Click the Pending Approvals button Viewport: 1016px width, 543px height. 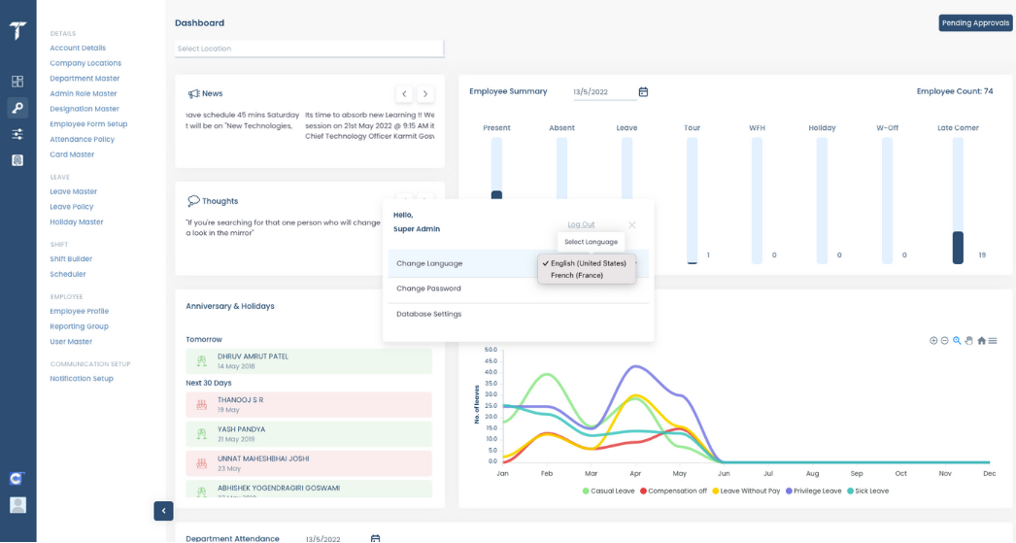click(x=975, y=22)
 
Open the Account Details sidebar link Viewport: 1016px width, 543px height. click(x=78, y=48)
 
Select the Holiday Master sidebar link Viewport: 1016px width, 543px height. click(x=77, y=222)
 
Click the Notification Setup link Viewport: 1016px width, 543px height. click(x=82, y=379)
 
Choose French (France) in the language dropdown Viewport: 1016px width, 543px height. click(x=577, y=276)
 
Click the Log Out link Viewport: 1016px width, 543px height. click(x=581, y=224)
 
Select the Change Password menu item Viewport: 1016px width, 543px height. click(x=428, y=288)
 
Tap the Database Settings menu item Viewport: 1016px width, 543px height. click(x=428, y=314)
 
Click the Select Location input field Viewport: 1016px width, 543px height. click(x=309, y=49)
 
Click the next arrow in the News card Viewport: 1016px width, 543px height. click(x=425, y=94)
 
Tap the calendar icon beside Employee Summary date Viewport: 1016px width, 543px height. click(x=643, y=92)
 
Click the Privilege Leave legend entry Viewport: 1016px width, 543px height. click(x=814, y=491)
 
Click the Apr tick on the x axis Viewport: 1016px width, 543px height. click(x=635, y=473)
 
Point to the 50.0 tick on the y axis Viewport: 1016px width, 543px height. click(x=491, y=350)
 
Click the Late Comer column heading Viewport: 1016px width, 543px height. click(x=958, y=127)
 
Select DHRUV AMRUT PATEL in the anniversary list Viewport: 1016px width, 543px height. click(x=253, y=356)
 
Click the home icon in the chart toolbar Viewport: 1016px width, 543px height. click(x=981, y=340)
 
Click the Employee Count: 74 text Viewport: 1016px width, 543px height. click(x=954, y=91)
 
